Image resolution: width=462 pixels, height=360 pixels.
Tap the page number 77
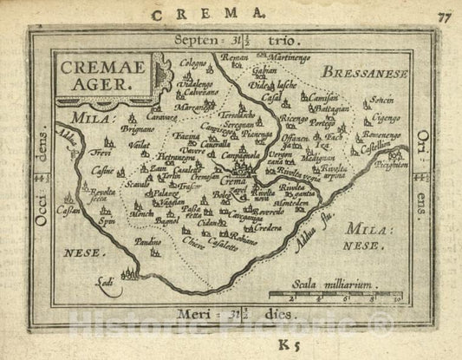click(445, 15)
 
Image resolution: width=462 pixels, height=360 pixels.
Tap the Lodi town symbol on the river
click(126, 276)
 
